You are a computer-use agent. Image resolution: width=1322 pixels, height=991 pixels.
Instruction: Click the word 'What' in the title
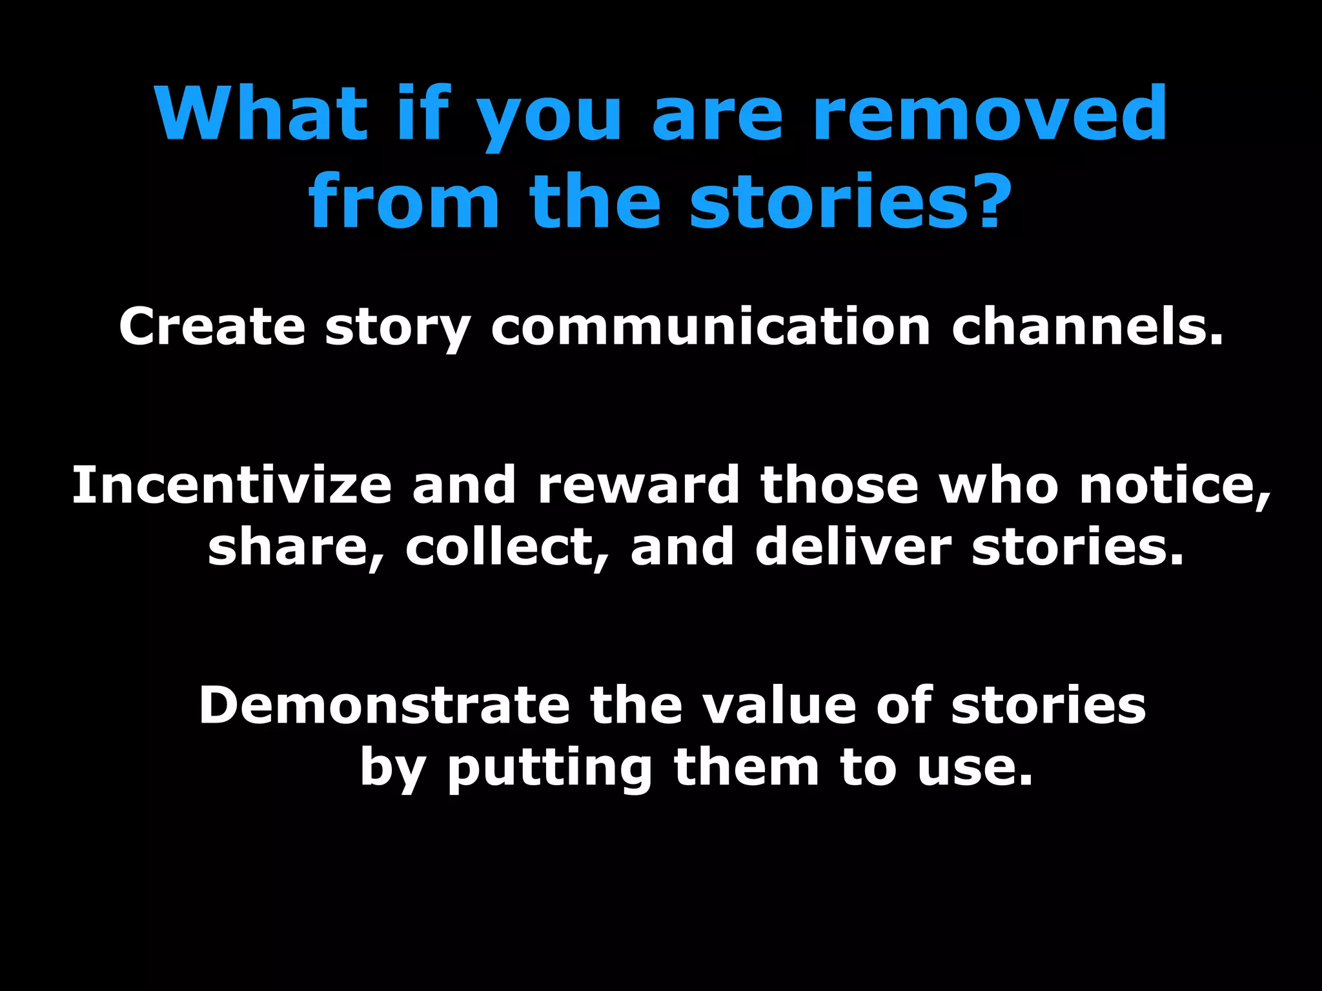261,114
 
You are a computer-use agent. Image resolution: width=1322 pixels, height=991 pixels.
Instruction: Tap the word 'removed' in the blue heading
990,114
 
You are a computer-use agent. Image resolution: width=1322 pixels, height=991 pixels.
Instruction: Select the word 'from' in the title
404,201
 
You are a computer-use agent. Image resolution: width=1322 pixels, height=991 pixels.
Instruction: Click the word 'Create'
212,326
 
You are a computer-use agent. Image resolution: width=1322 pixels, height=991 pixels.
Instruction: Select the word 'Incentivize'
232,485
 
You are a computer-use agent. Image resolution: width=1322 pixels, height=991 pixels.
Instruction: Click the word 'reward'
638,485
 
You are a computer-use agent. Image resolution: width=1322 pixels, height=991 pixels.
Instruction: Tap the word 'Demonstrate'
384,705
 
